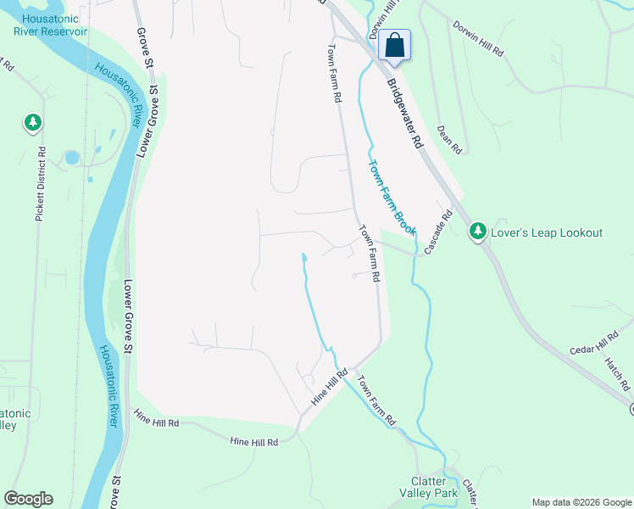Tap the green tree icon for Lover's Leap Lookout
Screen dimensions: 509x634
tap(478, 232)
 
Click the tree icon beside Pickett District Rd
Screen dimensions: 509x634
tap(32, 124)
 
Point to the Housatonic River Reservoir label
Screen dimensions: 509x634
tap(51, 25)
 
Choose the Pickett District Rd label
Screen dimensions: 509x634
tap(40, 184)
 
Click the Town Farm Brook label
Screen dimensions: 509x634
tap(392, 198)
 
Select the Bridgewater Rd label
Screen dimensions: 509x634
tap(405, 115)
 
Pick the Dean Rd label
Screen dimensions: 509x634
tap(449, 140)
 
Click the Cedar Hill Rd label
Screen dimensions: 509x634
tap(595, 343)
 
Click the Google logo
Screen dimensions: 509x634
tap(28, 499)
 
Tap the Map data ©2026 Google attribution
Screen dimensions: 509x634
tap(581, 502)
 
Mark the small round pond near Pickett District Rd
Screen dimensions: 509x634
tap(71, 158)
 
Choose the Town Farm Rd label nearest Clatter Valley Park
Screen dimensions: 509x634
tap(376, 400)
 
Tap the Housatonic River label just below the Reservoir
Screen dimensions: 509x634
tap(119, 95)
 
